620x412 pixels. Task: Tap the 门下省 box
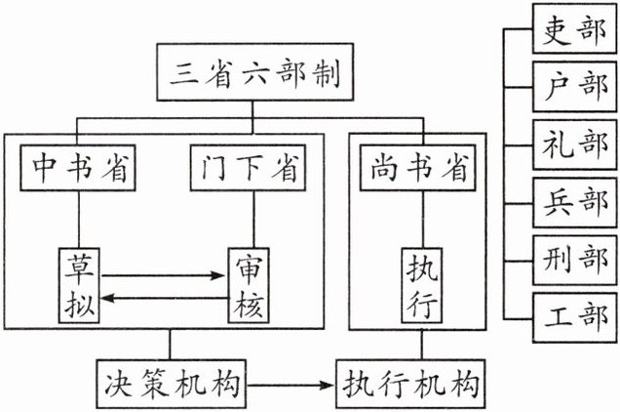(244, 168)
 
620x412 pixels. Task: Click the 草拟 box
(79, 282)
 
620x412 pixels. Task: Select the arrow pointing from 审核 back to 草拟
(162, 302)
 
